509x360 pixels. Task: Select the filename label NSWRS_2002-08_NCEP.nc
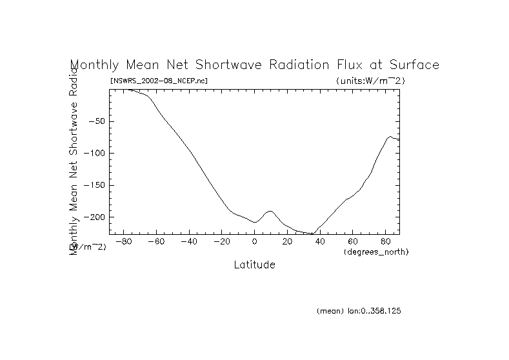point(159,81)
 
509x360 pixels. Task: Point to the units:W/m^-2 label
point(371,81)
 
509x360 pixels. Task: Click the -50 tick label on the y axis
point(96,121)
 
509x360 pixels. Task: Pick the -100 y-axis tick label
point(94,153)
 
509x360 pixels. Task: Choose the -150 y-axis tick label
point(94,185)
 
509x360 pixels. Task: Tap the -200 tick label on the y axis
point(94,217)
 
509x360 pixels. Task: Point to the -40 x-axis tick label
point(188,242)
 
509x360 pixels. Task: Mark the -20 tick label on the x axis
point(221,242)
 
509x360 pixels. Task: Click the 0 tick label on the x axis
point(255,242)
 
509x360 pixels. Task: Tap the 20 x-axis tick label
point(288,242)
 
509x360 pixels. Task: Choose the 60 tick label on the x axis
point(354,242)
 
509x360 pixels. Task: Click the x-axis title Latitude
point(254,265)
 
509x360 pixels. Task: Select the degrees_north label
point(376,252)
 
